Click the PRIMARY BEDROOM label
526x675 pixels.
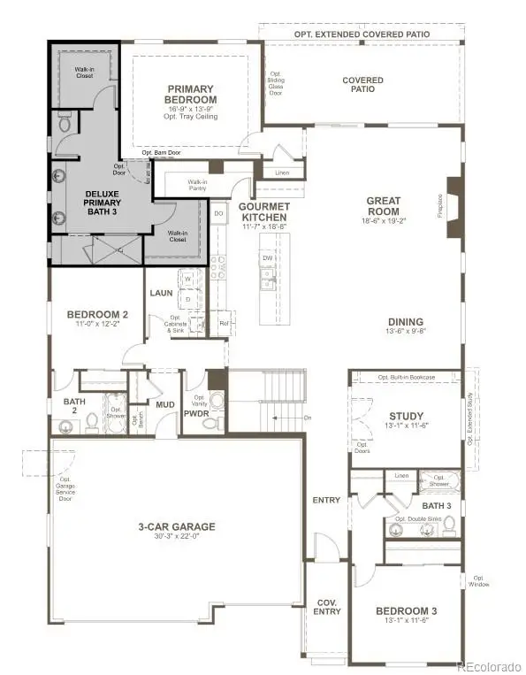193,95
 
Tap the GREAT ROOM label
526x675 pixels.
384,206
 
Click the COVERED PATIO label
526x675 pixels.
362,85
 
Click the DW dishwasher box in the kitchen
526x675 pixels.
266,258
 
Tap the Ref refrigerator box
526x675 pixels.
223,323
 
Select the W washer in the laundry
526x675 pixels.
188,280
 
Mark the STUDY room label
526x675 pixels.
407,417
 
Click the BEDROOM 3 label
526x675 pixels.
407,611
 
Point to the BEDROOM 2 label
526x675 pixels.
99,314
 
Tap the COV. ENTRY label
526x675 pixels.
325,607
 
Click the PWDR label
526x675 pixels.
195,411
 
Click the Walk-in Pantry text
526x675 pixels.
197,185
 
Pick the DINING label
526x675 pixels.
404,322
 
